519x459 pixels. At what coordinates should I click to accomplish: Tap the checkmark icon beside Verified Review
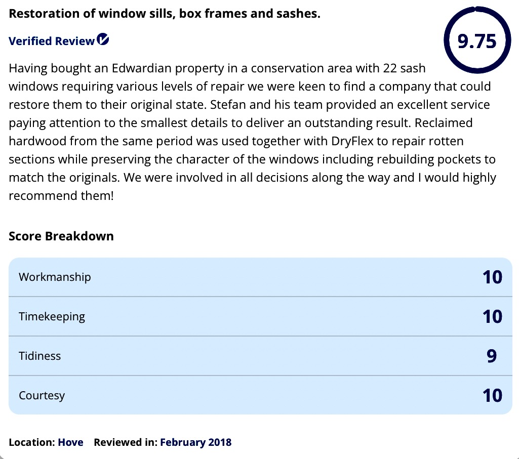[103, 39]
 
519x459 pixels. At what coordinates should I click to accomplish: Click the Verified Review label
[52, 41]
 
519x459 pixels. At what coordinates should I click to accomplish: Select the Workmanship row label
[55, 277]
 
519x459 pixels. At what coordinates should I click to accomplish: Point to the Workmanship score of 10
[492, 277]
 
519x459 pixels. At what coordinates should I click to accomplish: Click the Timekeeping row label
[52, 317]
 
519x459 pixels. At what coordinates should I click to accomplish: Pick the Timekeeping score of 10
[492, 317]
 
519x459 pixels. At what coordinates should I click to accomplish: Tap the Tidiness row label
[39, 356]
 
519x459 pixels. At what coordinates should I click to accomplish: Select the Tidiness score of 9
[492, 356]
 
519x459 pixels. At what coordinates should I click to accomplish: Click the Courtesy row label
[42, 395]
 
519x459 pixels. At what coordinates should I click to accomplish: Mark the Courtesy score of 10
[492, 395]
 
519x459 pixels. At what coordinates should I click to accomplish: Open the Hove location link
[70, 442]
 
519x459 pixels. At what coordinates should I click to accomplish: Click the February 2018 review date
[195, 442]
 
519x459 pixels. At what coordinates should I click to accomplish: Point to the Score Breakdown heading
[61, 236]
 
